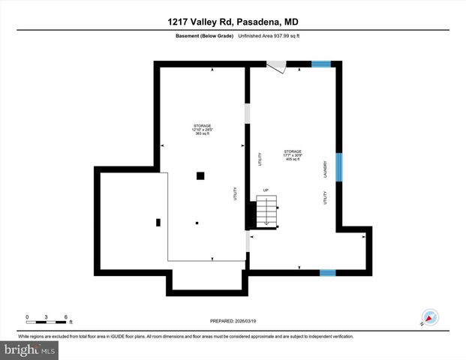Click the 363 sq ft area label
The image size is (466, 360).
coord(201,133)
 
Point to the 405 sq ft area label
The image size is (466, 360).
coord(293,160)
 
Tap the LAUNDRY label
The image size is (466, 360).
coord(326,169)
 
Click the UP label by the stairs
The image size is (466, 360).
coord(265,190)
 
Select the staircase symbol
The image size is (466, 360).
coord(267,211)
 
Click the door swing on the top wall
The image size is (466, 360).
coord(276,67)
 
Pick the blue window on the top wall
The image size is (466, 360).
coord(321,64)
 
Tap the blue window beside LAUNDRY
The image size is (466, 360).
coord(338,168)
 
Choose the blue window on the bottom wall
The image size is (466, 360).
coord(327,272)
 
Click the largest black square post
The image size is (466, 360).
coord(200,176)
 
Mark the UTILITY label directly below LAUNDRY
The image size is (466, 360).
coord(326,198)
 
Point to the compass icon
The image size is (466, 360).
coord(430,317)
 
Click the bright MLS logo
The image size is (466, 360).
coord(31,349)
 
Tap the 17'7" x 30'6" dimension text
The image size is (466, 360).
coord(293,155)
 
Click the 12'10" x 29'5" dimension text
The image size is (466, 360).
coord(201,129)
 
